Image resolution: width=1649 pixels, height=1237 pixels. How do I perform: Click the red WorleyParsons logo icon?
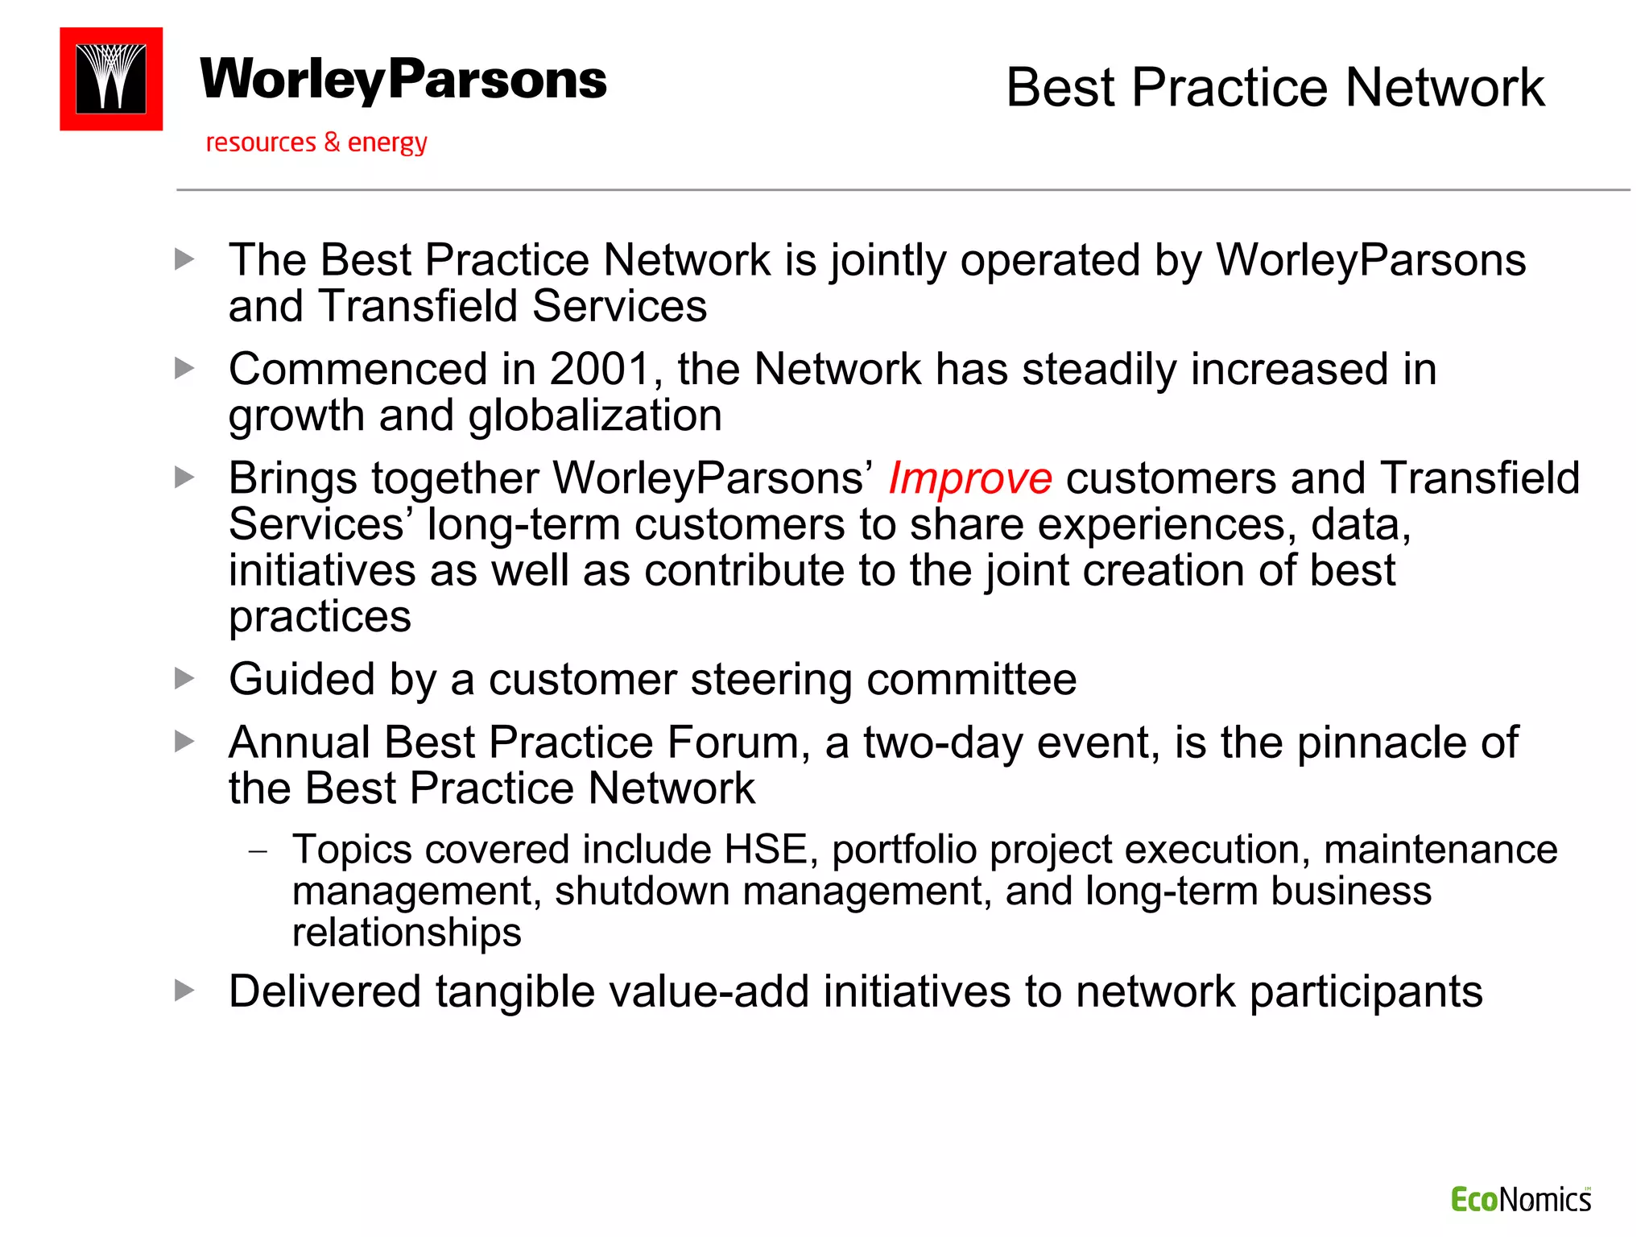click(111, 79)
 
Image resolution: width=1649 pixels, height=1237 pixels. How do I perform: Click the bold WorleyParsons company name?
click(403, 80)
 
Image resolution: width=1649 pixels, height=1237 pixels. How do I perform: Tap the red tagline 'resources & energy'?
click(316, 143)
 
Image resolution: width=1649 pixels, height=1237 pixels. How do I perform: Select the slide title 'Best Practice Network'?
click(1275, 87)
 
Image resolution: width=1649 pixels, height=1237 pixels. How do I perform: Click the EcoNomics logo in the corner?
click(1520, 1200)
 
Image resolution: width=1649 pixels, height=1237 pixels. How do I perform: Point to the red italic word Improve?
click(970, 478)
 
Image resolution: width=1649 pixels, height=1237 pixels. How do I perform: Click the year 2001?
click(600, 370)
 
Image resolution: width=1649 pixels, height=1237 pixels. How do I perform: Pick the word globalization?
click(595, 416)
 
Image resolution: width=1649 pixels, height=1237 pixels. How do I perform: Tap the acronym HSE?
click(766, 850)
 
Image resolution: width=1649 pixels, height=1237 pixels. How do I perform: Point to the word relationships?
click(407, 933)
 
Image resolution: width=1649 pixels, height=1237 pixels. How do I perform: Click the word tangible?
click(515, 991)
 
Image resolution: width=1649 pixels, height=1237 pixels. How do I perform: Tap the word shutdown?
click(642, 892)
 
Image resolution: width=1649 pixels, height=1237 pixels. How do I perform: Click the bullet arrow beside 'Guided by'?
click(185, 679)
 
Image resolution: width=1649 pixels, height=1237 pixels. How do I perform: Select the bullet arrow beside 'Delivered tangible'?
click(185, 991)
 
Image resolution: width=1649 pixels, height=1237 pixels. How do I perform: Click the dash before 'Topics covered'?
click(258, 851)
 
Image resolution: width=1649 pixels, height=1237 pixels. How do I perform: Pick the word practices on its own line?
click(320, 618)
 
